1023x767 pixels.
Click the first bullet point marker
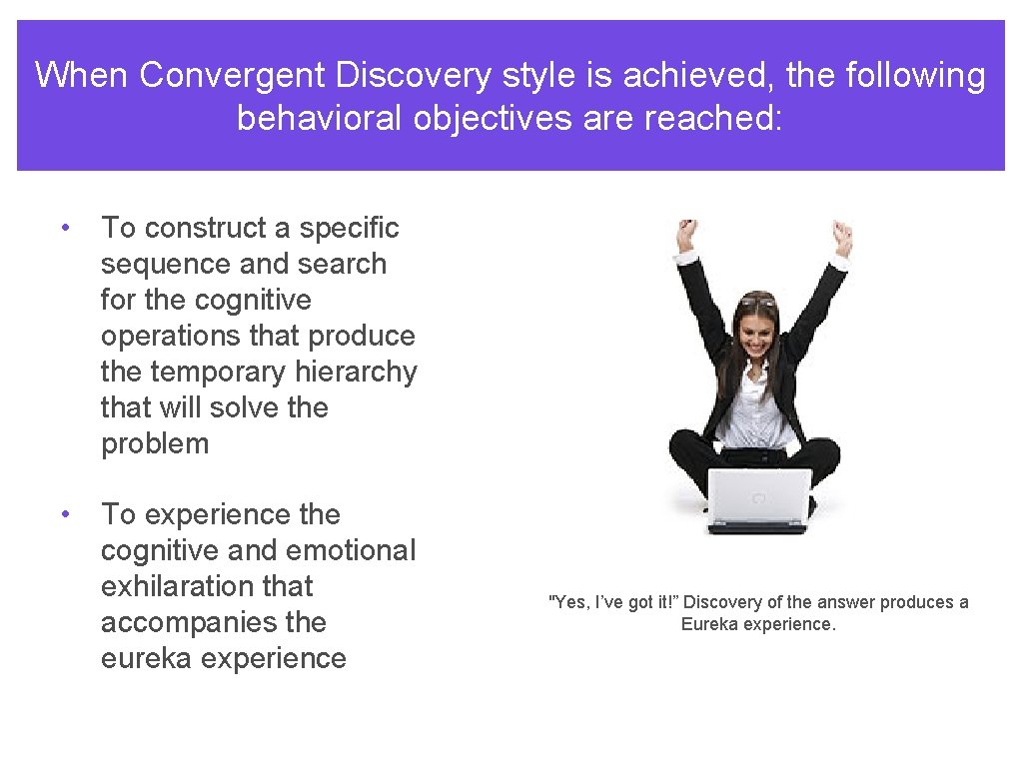(x=64, y=228)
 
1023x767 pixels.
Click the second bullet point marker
(x=64, y=514)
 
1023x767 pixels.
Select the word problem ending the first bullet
(x=155, y=443)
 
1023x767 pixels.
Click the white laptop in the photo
(x=758, y=499)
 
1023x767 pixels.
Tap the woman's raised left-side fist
(x=685, y=235)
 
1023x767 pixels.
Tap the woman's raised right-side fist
(x=841, y=237)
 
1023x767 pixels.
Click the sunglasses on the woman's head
(x=757, y=300)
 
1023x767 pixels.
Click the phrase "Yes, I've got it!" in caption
(x=613, y=602)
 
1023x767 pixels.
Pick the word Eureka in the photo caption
(x=708, y=624)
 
